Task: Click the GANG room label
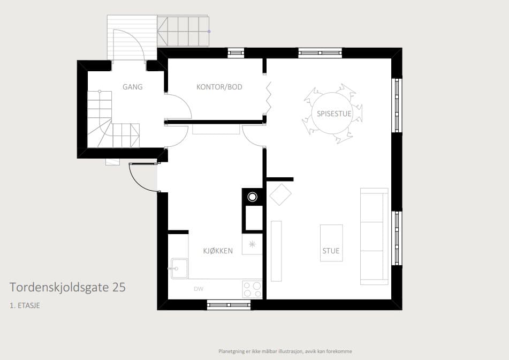pos(132,87)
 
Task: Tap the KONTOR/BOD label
pos(219,87)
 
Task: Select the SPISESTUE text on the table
pos(334,114)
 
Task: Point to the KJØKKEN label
pos(218,251)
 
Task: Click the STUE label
pos(331,251)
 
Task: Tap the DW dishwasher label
pos(199,289)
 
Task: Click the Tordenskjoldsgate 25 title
pos(67,288)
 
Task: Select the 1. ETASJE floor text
pos(25,305)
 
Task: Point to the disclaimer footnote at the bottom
pos(285,351)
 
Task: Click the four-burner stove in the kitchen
pos(252,289)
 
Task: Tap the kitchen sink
pos(179,268)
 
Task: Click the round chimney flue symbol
pos(252,197)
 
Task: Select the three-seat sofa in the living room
pos(374,236)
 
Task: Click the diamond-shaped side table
pos(280,194)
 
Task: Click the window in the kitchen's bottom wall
pos(229,304)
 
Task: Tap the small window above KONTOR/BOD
pos(235,52)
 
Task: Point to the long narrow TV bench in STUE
pos(276,251)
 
